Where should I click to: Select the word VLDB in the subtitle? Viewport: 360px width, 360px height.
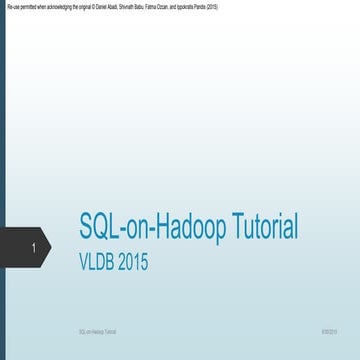click(100, 263)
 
